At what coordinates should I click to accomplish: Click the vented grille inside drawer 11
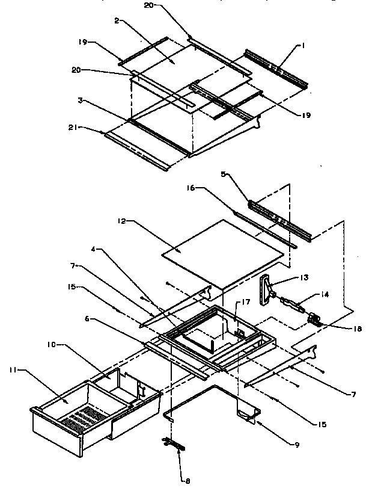click(84, 415)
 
